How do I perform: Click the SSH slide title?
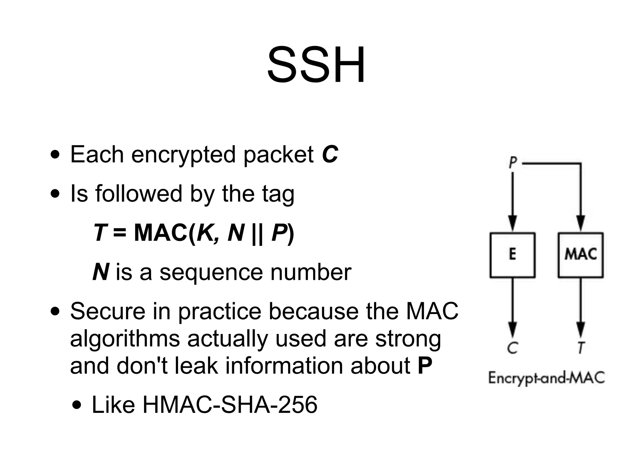coord(316,66)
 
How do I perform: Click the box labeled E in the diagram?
coord(512,255)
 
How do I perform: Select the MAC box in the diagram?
coord(580,255)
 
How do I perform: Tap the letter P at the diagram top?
coord(513,162)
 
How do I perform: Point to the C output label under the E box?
coord(512,348)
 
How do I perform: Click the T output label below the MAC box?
coord(581,348)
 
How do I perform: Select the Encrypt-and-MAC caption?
coord(546,378)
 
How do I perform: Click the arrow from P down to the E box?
coord(512,201)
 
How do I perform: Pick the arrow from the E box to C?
coord(512,306)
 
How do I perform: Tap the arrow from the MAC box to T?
coord(581,306)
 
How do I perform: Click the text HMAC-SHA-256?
coord(230,404)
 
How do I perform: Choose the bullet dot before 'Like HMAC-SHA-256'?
coord(78,405)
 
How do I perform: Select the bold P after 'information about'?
coord(425,366)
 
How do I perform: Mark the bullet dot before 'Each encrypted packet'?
coord(56,155)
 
